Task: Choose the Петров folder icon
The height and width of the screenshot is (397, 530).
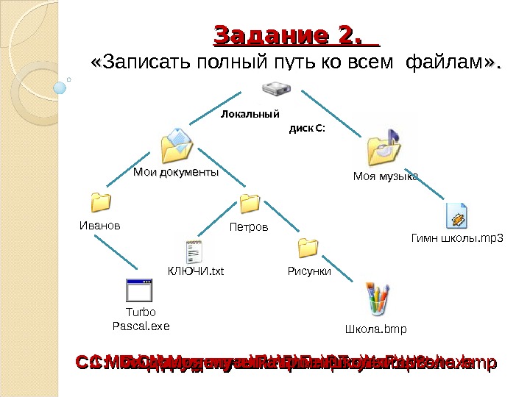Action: [250, 204]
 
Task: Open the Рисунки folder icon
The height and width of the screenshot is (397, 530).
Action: [308, 248]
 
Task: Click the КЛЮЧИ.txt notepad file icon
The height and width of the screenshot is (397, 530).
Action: [195, 250]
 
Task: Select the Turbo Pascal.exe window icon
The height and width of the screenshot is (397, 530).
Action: [139, 290]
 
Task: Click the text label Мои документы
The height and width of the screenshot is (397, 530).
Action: [176, 172]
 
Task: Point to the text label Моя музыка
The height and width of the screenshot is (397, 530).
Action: [385, 176]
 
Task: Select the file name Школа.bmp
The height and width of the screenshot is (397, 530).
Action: [375, 328]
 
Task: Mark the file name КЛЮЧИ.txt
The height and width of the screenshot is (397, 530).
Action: [195, 271]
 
